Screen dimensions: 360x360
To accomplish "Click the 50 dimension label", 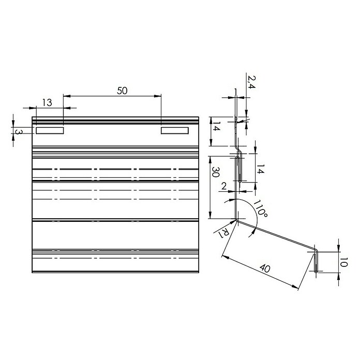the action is click(x=122, y=91).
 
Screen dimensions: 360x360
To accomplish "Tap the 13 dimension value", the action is click(x=47, y=102).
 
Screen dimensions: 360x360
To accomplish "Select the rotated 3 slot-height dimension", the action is click(x=18, y=132).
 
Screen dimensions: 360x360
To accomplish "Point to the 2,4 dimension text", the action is click(x=251, y=82).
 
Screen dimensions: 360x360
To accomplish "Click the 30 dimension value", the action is click(x=215, y=172).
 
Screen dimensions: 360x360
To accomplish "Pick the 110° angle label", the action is click(x=260, y=209).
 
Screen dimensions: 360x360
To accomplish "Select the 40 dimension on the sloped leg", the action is click(x=264, y=268).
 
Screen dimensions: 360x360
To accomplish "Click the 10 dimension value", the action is click(x=343, y=262).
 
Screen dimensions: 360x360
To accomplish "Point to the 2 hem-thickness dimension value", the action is click(x=224, y=186).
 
